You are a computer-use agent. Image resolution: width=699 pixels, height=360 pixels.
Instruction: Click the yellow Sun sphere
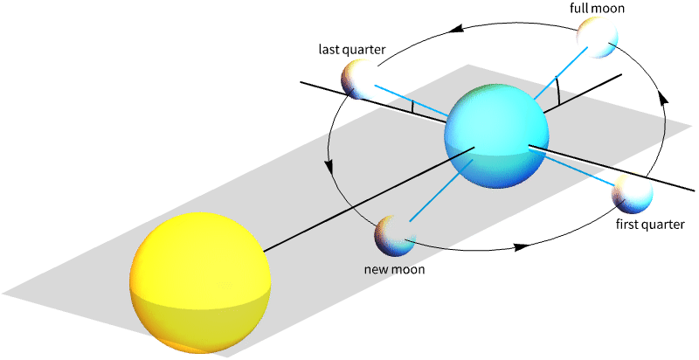click(200, 284)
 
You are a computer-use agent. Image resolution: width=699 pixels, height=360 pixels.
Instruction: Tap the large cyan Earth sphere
click(496, 137)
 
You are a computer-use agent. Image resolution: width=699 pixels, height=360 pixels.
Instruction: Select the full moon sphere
click(598, 38)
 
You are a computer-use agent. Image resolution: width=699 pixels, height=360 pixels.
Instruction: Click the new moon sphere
click(393, 234)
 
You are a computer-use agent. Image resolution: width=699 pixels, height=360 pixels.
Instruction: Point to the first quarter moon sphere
click(632, 193)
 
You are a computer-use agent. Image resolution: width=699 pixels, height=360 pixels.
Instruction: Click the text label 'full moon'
click(598, 8)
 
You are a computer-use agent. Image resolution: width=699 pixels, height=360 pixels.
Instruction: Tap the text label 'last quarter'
click(352, 49)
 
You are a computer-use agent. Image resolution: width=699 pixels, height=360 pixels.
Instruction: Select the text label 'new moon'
click(394, 269)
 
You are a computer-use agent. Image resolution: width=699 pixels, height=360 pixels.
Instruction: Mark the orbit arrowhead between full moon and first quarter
click(663, 97)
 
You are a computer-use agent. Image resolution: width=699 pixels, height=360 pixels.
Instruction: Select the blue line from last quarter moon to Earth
click(411, 99)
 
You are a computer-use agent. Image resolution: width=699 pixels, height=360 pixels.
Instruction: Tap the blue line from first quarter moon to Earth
click(581, 169)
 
